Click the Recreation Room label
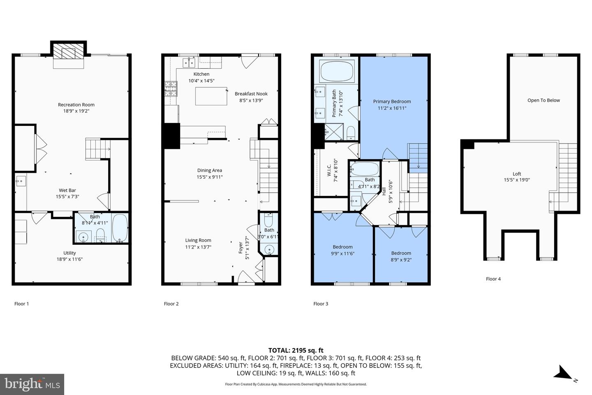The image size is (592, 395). [76, 105]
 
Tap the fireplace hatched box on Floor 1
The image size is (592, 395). [68, 53]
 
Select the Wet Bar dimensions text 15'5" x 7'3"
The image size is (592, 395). [67, 197]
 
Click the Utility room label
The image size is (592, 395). [69, 253]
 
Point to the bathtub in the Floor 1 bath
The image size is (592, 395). [120, 228]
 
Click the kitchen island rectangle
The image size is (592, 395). [211, 96]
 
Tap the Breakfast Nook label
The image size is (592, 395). [251, 94]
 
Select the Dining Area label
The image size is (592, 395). [209, 170]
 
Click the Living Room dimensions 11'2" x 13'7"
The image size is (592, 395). [198, 247]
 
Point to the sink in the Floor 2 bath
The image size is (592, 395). [269, 249]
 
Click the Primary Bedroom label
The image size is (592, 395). [392, 101]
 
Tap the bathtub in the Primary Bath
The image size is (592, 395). [337, 71]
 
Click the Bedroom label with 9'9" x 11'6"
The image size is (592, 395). [342, 247]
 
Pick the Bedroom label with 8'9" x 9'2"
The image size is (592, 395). [401, 253]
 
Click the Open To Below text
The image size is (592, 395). [543, 100]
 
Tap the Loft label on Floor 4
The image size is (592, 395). [517, 174]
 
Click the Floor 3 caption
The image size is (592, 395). [321, 304]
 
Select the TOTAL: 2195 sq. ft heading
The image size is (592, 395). [296, 351]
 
